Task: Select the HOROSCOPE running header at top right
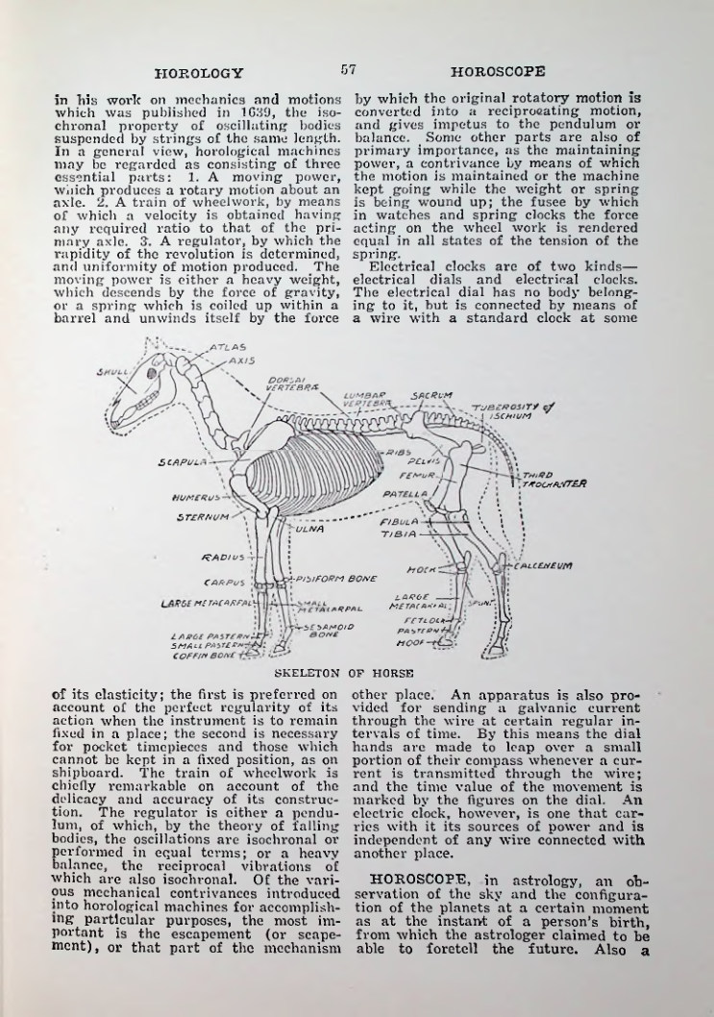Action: pos(498,72)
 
